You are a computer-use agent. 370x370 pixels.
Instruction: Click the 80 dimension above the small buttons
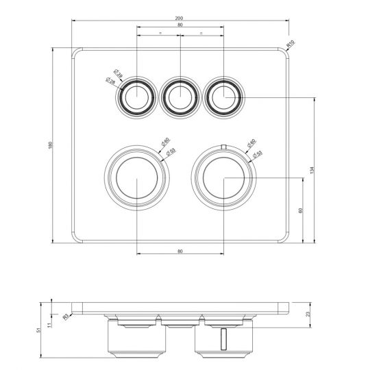pos(180,26)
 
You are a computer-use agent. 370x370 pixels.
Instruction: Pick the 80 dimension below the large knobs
pos(180,252)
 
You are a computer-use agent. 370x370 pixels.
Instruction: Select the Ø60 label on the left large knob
pos(165,142)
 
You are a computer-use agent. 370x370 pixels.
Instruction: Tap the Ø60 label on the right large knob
pos(251,143)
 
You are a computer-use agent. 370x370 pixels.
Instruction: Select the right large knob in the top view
pos(223,177)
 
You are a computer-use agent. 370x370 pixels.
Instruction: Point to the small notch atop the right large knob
pos(223,146)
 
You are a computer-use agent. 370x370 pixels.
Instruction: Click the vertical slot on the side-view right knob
pos(223,338)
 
